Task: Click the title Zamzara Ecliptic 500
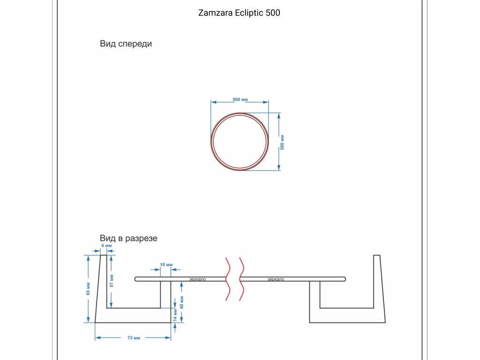point(239,13)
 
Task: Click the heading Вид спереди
point(126,44)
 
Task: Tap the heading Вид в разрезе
point(128,238)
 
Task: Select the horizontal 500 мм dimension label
point(240,99)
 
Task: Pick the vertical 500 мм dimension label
point(282,142)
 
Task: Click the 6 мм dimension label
point(106,246)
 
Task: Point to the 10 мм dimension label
point(166,265)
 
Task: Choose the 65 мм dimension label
point(88,289)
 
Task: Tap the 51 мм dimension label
point(112,280)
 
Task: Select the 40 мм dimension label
point(181,302)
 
